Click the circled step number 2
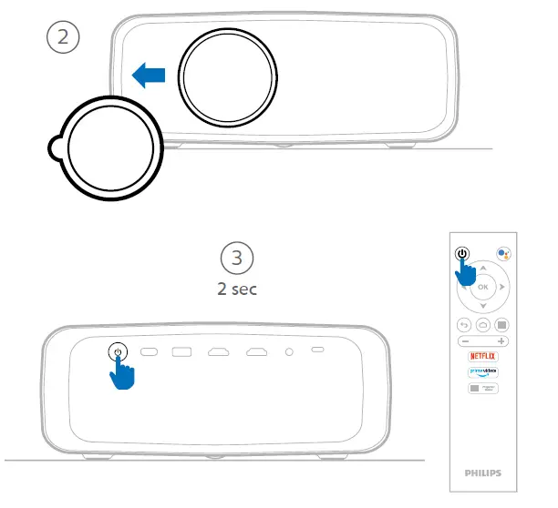[63, 37]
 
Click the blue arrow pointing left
[149, 76]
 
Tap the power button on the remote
[462, 254]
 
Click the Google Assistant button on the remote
[502, 254]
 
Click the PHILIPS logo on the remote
[482, 473]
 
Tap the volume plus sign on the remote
[501, 340]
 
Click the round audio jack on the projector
[289, 351]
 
